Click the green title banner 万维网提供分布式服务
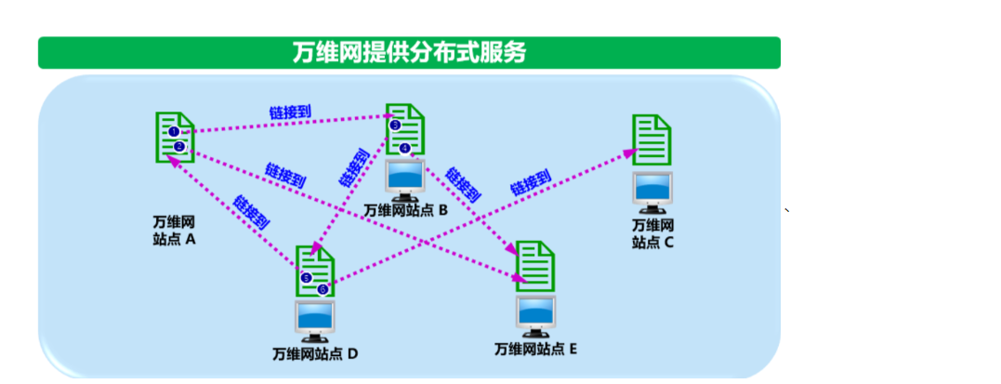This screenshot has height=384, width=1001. tap(409, 53)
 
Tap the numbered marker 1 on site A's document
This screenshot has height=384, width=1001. tap(173, 132)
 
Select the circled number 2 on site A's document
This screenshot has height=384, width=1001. tap(180, 146)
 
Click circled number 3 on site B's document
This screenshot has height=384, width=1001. tap(395, 125)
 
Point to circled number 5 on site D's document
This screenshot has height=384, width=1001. tap(306, 276)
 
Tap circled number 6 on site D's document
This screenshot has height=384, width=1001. tap(323, 289)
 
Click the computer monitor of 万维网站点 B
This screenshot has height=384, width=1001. tap(405, 179)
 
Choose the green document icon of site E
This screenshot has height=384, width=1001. tap(535, 265)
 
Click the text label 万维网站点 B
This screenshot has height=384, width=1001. tap(405, 211)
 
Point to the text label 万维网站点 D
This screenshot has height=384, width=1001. tap(315, 354)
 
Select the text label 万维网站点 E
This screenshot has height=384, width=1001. tap(535, 349)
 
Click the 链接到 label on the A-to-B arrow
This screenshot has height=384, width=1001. tap(289, 113)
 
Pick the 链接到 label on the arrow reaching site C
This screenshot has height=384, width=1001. tap(531, 181)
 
